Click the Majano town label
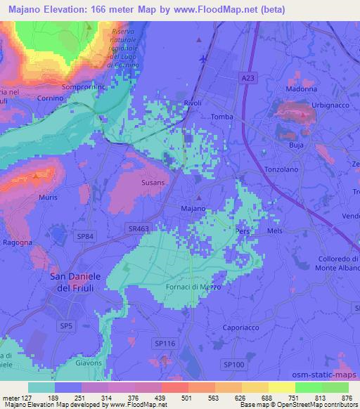coord(192,209)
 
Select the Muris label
coord(48,198)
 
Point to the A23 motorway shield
coord(245,80)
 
